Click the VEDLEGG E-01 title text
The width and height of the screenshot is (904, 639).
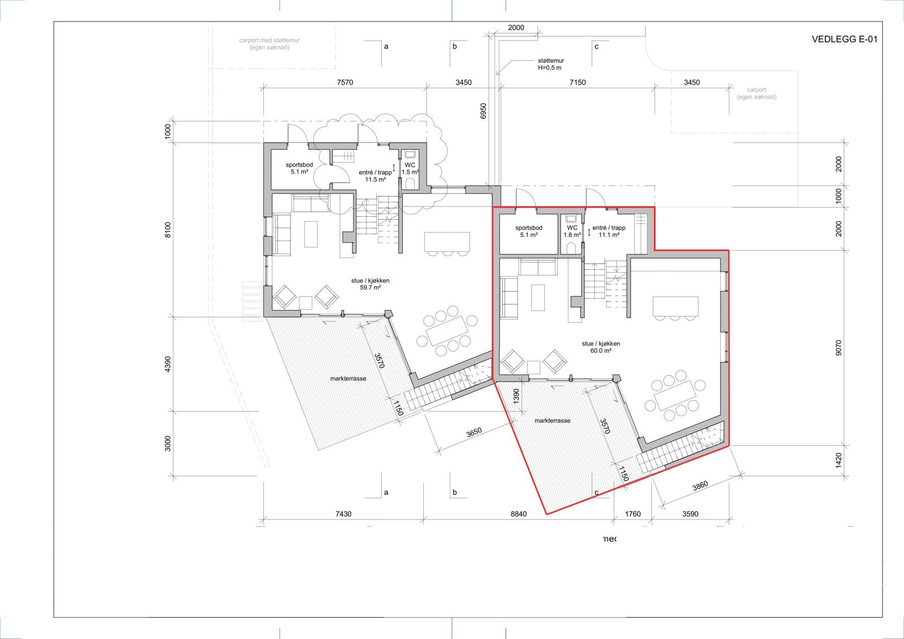pyautogui.click(x=844, y=40)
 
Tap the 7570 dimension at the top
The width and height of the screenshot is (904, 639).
pyautogui.click(x=345, y=82)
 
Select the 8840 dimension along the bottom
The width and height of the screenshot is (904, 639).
pyautogui.click(x=518, y=514)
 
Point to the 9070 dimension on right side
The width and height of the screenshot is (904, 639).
pyautogui.click(x=838, y=347)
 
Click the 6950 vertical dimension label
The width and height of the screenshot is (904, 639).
pyautogui.click(x=483, y=111)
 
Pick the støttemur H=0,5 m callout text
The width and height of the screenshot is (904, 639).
pyautogui.click(x=550, y=64)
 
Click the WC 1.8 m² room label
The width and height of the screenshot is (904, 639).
pyautogui.click(x=572, y=231)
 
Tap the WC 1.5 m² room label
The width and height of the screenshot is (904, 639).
pyautogui.click(x=410, y=169)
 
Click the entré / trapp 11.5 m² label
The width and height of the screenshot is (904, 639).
pyautogui.click(x=375, y=176)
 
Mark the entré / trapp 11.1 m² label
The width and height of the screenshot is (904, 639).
pyautogui.click(x=609, y=231)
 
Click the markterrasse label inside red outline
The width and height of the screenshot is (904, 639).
pyautogui.click(x=552, y=421)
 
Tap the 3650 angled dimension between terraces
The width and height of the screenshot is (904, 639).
pyautogui.click(x=473, y=432)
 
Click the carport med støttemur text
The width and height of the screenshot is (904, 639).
pyautogui.click(x=270, y=44)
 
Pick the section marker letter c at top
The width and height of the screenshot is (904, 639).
pyautogui.click(x=596, y=47)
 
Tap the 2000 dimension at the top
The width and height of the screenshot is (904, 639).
pyautogui.click(x=516, y=28)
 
